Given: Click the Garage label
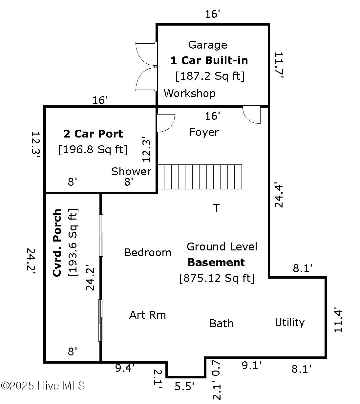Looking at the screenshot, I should (x=207, y=45).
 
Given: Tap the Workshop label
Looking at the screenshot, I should (x=190, y=93).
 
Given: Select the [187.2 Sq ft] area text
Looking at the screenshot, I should (x=210, y=76).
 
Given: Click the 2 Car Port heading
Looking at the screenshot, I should (x=93, y=134).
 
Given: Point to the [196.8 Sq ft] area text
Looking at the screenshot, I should (x=93, y=150).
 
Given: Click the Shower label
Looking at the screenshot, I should (x=131, y=171).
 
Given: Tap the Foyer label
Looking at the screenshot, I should (x=204, y=132).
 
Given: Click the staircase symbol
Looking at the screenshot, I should (x=200, y=177).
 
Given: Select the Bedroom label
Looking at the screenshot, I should (x=148, y=252).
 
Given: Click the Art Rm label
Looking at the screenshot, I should (x=148, y=315).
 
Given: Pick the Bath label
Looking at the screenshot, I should (x=221, y=324).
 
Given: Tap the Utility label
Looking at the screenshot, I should (x=289, y=323).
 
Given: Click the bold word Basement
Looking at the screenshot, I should (x=216, y=263).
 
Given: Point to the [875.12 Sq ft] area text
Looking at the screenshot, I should (x=217, y=278).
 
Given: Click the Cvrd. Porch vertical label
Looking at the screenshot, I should (x=57, y=243).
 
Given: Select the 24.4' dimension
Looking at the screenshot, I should (x=279, y=195).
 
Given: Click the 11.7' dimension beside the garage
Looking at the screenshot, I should (x=279, y=65).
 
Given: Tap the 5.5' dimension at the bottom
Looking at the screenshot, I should (x=184, y=387).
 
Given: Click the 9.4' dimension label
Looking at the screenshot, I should (x=125, y=368).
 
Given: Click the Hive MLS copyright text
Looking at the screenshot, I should (x=43, y=386).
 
